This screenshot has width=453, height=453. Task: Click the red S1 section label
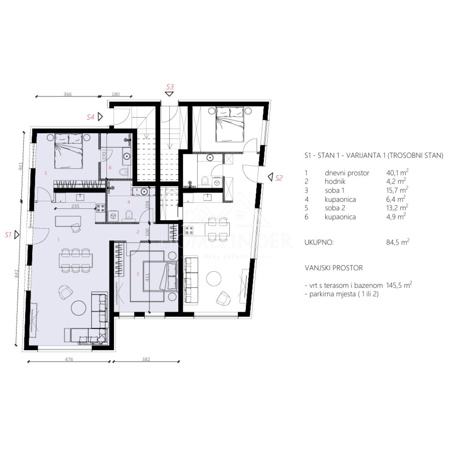(x=8, y=235)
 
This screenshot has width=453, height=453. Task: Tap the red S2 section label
(x=279, y=178)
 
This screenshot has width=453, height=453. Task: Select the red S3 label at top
(x=170, y=87)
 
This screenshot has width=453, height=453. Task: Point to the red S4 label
(x=91, y=117)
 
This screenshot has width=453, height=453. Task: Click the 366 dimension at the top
(x=67, y=94)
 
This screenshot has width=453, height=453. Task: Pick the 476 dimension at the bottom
(x=69, y=359)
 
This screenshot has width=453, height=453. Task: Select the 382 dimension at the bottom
(x=146, y=359)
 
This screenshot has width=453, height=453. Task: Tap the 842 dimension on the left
(x=16, y=273)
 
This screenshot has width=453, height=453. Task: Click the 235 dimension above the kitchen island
(x=75, y=206)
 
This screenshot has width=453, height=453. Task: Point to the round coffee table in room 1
(x=78, y=308)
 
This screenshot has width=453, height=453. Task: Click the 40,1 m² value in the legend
(x=397, y=172)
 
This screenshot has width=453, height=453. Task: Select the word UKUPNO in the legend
(x=319, y=242)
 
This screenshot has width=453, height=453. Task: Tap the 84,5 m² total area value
(x=398, y=242)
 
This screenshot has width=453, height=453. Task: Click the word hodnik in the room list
(x=335, y=182)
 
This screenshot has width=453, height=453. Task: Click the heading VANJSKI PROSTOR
(x=334, y=268)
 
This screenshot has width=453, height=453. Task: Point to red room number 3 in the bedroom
(x=138, y=274)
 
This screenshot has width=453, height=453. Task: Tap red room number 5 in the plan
(x=46, y=173)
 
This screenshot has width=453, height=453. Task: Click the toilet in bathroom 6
(x=123, y=172)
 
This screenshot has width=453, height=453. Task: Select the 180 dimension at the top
(x=115, y=94)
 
